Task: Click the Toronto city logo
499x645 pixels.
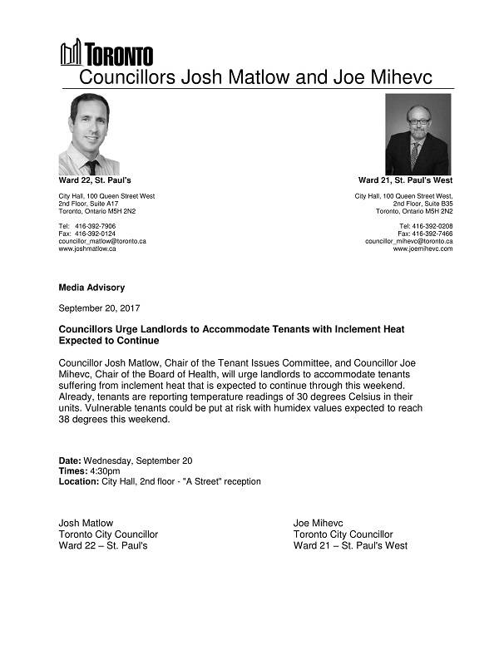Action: (106, 53)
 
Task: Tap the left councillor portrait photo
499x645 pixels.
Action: (88, 133)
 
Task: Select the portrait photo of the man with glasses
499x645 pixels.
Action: (417, 133)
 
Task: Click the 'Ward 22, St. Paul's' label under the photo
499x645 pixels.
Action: (95, 180)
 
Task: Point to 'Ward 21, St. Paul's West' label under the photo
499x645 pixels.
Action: (405, 180)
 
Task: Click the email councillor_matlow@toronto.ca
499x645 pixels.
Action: (102, 241)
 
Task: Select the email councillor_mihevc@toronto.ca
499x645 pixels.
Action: (408, 241)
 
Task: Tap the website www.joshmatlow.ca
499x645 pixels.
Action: (87, 249)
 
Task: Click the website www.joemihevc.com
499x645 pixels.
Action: (422, 249)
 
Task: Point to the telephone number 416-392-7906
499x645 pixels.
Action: (95, 226)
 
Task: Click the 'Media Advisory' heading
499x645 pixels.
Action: (91, 288)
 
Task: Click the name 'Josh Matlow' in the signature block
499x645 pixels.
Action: (86, 523)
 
